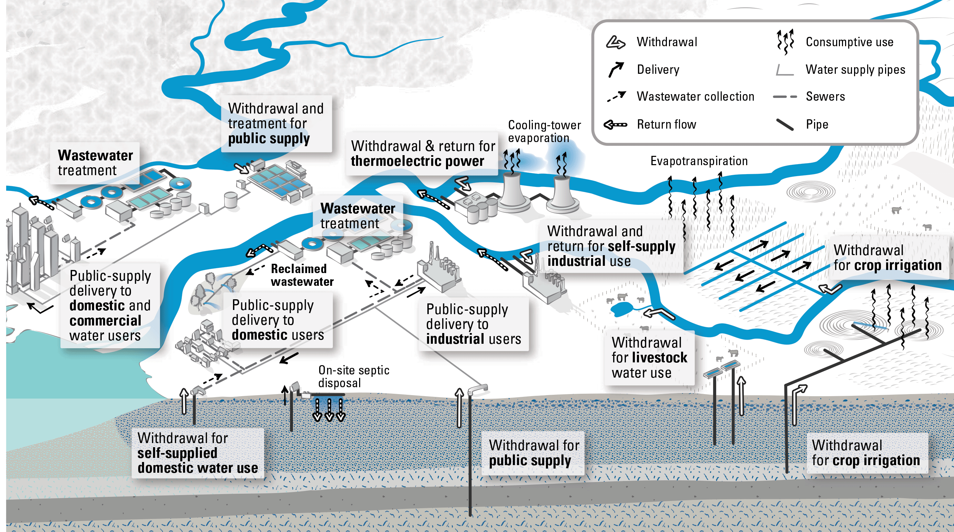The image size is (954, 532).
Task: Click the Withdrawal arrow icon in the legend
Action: pos(615,42)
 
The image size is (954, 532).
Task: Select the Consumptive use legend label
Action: pos(849,42)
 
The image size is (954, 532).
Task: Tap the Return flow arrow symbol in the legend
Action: pos(615,124)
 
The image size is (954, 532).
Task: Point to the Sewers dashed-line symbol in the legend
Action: pos(784,97)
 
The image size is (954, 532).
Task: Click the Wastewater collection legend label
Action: pos(695,97)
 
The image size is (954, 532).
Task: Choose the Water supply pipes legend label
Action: pos(855,70)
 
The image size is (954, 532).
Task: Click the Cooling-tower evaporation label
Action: pos(544,131)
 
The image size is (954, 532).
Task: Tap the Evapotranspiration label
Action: pos(699,161)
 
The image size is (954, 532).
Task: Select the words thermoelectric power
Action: pos(417,161)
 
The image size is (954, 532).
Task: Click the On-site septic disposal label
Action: pos(354,376)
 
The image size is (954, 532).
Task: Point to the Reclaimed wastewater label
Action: pos(302,275)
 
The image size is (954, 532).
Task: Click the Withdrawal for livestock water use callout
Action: pos(649,358)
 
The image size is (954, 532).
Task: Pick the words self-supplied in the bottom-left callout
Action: pos(177,453)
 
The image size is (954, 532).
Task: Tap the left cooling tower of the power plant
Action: pos(513,193)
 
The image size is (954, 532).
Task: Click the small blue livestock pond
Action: pos(622,309)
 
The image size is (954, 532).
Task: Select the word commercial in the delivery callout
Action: pos(105,320)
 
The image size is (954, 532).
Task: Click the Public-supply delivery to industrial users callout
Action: pos(473,324)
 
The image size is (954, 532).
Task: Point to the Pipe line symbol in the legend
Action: pos(784,124)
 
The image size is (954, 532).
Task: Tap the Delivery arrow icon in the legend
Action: pos(616,69)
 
